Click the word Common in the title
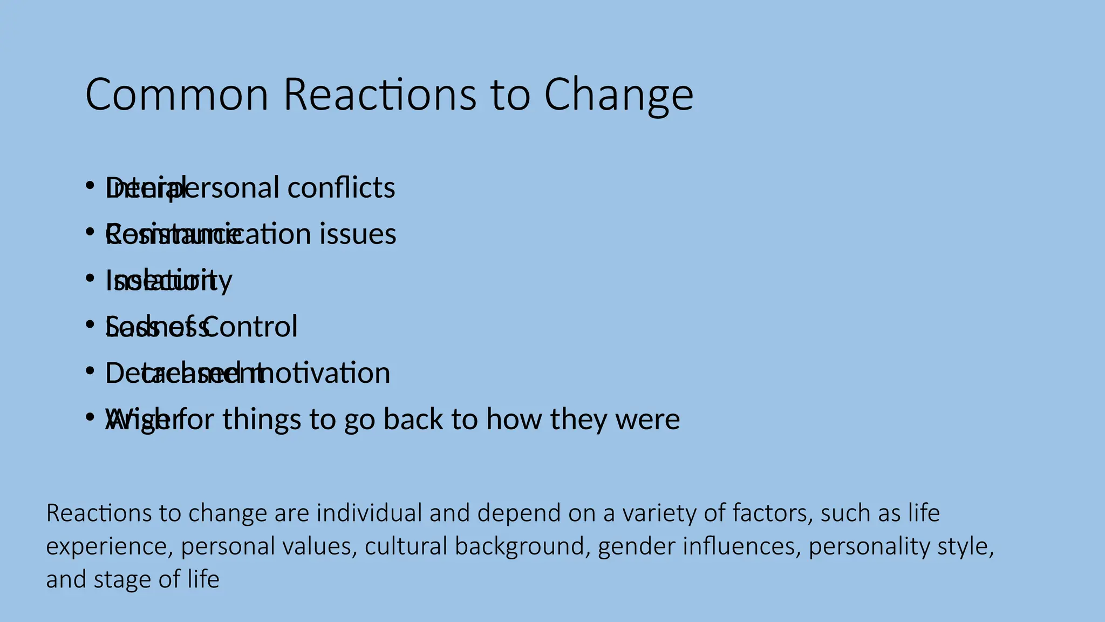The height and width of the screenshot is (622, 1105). [x=177, y=94]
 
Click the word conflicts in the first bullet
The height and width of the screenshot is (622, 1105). [x=341, y=188]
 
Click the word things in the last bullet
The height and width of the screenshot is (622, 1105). [x=262, y=420]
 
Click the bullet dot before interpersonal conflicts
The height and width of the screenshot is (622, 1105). [x=90, y=186]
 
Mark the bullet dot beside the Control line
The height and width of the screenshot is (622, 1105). [x=90, y=324]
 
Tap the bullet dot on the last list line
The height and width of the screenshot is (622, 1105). [x=90, y=417]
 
